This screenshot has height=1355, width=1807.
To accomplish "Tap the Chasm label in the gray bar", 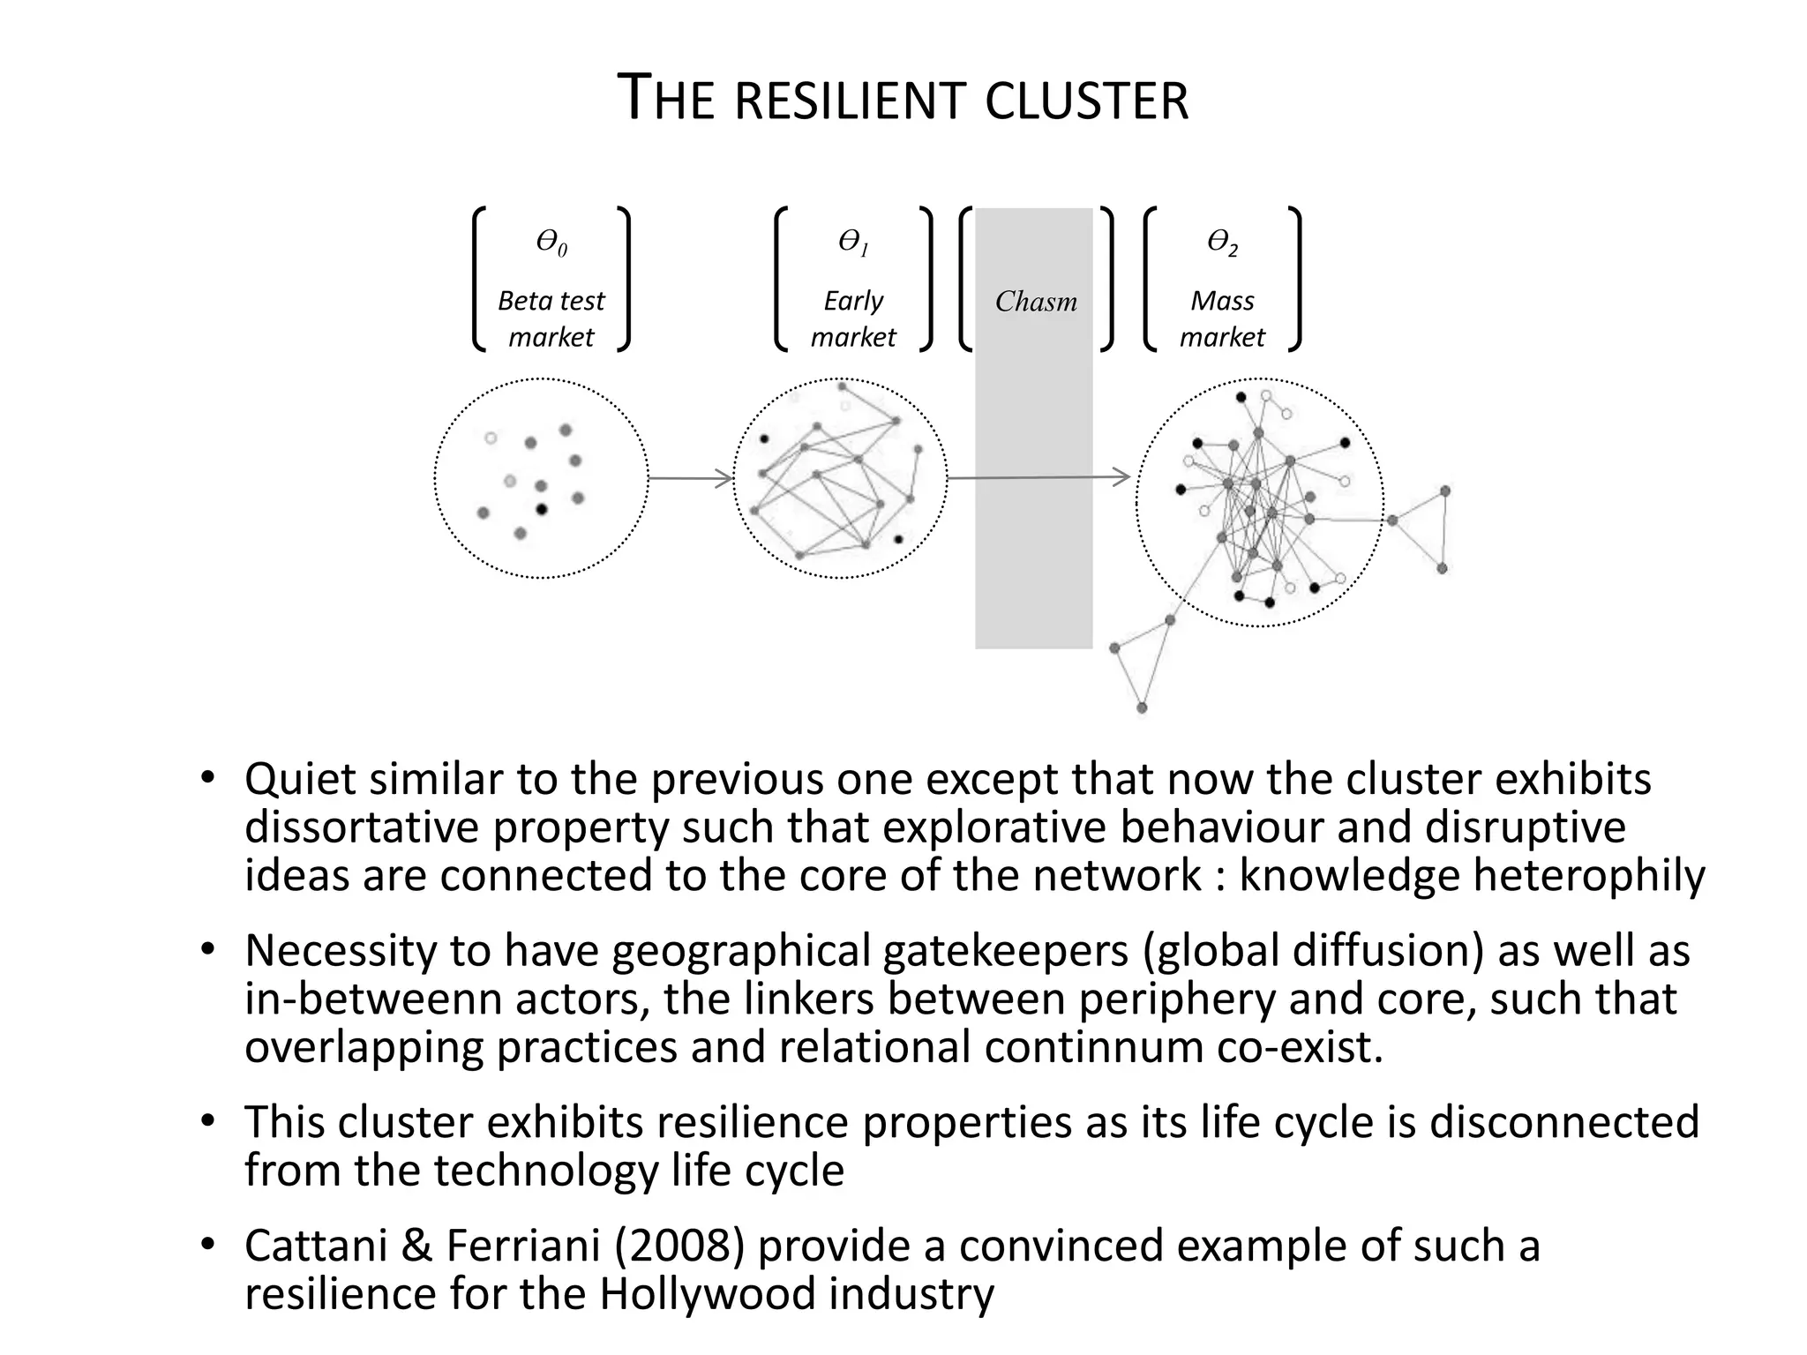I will pyautogui.click(x=1036, y=302).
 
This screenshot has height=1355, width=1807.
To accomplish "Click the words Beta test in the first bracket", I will pyautogui.click(x=551, y=301).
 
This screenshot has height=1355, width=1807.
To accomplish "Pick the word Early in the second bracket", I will pyautogui.click(x=853, y=301).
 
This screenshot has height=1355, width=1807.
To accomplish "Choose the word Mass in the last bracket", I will pyautogui.click(x=1222, y=301).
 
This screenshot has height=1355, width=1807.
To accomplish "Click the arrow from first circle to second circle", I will pyautogui.click(x=690, y=479).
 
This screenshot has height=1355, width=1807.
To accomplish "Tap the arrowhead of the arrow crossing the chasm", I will pyautogui.click(x=1123, y=477).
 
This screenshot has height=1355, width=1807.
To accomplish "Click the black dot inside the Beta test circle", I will pyautogui.click(x=542, y=509).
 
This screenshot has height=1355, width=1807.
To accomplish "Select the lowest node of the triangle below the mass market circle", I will pyautogui.click(x=1142, y=707).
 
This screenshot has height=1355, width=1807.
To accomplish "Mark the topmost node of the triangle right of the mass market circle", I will pyautogui.click(x=1445, y=490).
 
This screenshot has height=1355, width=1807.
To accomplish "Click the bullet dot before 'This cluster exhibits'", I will pyautogui.click(x=207, y=1121).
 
